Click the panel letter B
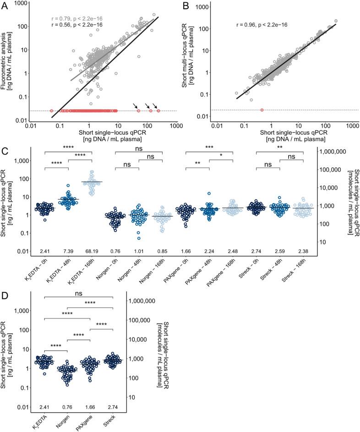coord(186,5)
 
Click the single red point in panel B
coord(262,110)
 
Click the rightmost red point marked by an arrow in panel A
coord(158,111)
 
